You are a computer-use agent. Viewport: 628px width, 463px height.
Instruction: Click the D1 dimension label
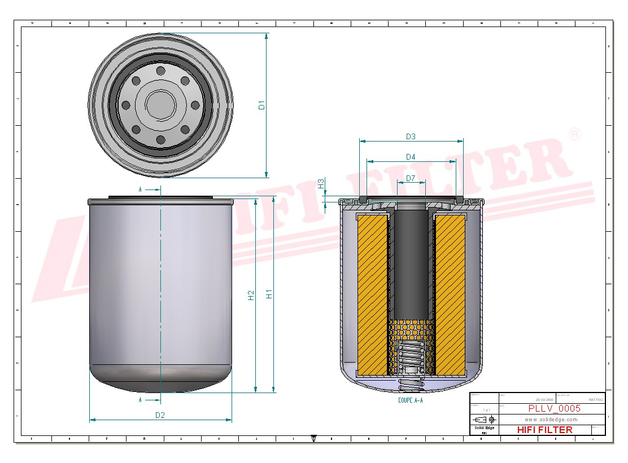[262, 105]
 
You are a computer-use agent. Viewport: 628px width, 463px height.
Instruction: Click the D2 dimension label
[160, 415]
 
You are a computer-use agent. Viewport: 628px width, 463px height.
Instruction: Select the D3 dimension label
[411, 136]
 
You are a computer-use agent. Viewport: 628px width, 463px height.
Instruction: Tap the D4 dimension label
[411, 157]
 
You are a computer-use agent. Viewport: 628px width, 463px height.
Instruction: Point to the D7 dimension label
[411, 178]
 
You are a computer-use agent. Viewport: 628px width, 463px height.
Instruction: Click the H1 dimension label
[269, 294]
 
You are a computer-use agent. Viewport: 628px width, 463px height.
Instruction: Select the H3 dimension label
[321, 183]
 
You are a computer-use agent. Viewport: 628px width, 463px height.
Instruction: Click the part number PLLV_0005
[554, 409]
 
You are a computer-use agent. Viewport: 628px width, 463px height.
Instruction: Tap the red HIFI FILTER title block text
[544, 430]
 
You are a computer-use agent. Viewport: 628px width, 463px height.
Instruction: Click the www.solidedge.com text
[551, 420]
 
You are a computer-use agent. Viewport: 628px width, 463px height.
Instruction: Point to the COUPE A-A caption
[410, 400]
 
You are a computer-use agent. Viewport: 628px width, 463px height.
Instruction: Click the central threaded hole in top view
[160, 104]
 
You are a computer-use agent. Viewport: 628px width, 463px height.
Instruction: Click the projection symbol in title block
[485, 420]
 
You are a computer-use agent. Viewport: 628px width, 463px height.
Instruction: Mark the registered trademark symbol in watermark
[574, 135]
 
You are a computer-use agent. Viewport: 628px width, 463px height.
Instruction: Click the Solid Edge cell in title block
[484, 429]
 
